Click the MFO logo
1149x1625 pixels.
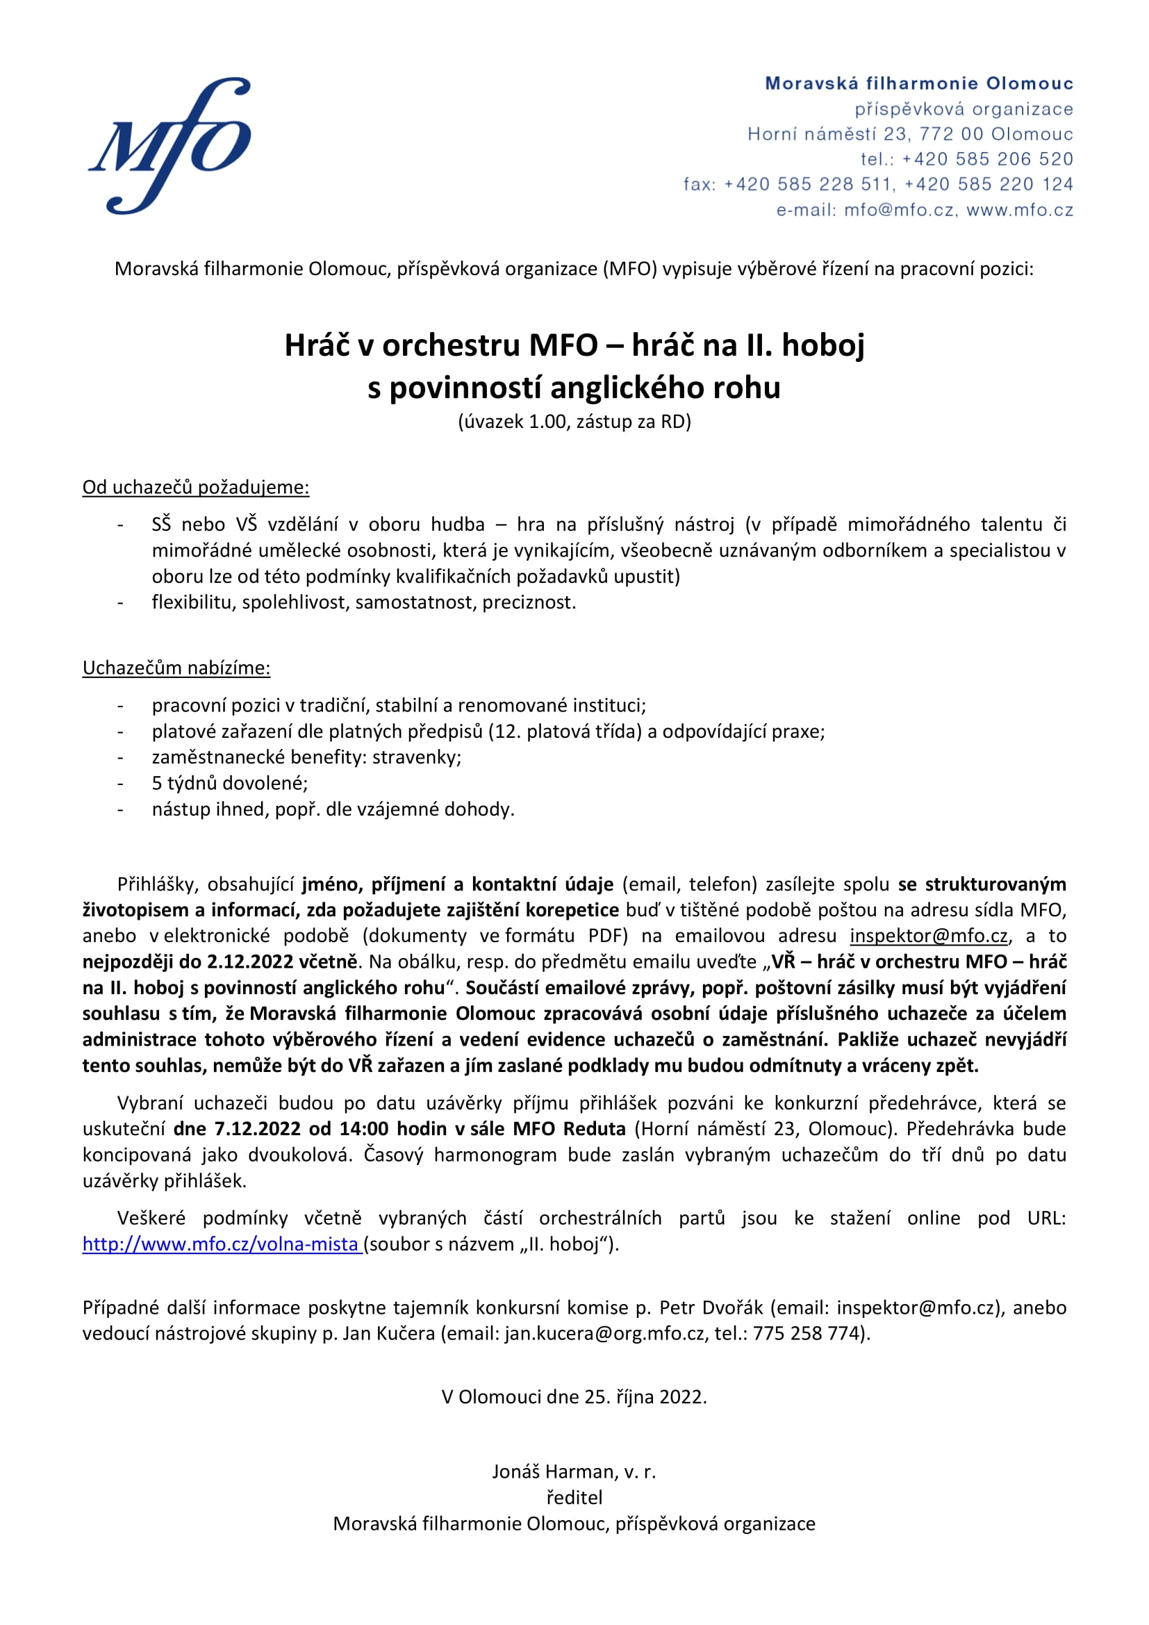click(170, 145)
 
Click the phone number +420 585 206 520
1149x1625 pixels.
click(988, 159)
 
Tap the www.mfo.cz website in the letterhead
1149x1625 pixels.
click(1020, 211)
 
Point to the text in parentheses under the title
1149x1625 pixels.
click(574, 422)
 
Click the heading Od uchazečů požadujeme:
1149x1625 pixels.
click(195, 488)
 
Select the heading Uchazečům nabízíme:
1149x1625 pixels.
click(176, 668)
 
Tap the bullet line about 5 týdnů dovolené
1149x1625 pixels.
click(229, 784)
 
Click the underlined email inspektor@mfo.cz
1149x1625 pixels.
click(928, 937)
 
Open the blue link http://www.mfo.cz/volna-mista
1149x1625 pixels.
click(221, 1244)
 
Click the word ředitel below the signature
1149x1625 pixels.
click(574, 1498)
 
